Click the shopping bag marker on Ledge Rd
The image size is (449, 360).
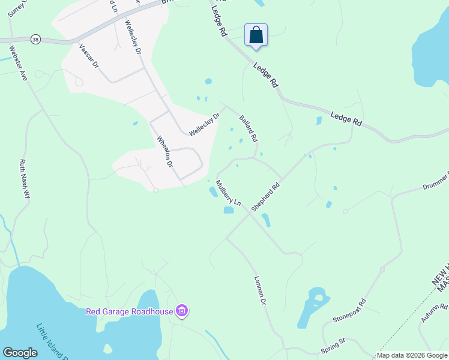coord(256,35)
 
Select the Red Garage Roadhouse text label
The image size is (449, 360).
coord(130,311)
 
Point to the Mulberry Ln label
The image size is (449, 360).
coord(228,194)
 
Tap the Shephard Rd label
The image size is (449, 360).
coord(266,197)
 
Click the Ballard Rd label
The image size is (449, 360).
coord(249,128)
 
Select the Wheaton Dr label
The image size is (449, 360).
coord(165,151)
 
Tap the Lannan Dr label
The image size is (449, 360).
coord(259,290)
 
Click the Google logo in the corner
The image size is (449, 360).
coord(20,353)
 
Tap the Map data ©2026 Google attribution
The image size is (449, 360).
coord(412,355)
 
